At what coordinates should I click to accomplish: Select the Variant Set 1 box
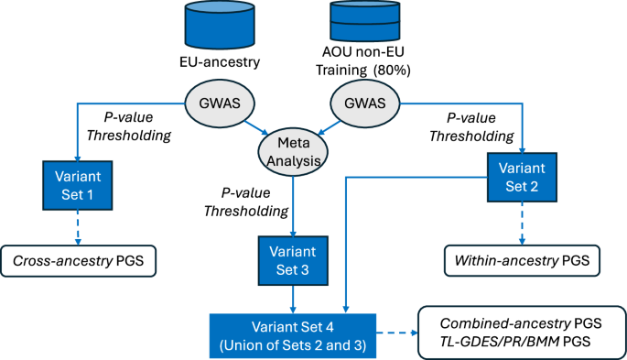[75, 186]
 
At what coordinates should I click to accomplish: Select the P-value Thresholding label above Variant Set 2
[478, 125]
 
